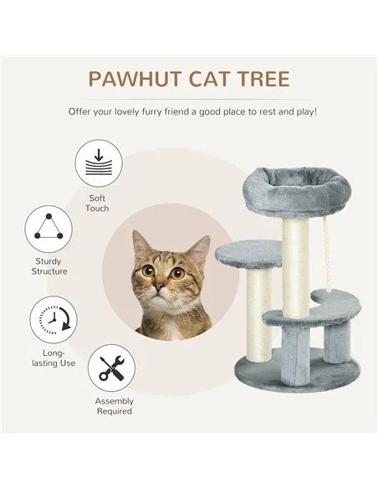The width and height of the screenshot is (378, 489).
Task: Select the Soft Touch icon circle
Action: pyautogui.click(x=98, y=163)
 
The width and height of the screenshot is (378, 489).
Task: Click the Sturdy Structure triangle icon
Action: pyautogui.click(x=49, y=229)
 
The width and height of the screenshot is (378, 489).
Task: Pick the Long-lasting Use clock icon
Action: pyautogui.click(x=54, y=322)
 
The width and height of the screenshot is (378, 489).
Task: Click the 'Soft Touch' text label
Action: pyautogui.click(x=97, y=203)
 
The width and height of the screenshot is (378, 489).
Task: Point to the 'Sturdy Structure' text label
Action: pyautogui.click(x=49, y=266)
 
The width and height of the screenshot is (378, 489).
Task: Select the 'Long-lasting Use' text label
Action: pyautogui.click(x=54, y=358)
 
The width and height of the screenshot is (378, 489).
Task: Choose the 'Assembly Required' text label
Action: pyautogui.click(x=113, y=406)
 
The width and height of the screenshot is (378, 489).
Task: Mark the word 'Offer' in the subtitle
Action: pyautogui.click(x=84, y=111)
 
